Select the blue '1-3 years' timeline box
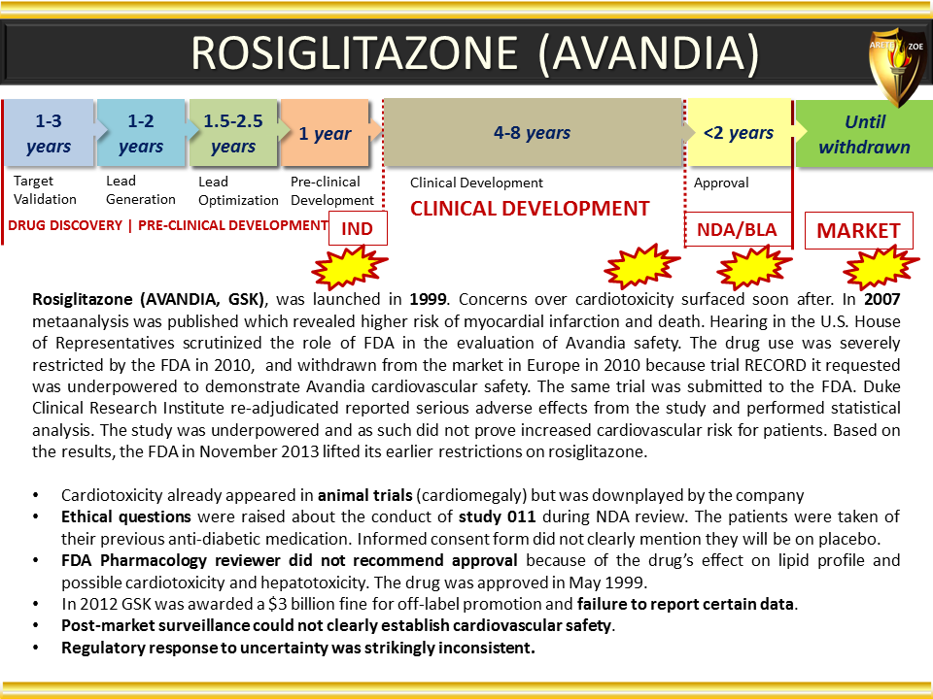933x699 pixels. [x=50, y=133]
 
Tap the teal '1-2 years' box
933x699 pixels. [x=142, y=133]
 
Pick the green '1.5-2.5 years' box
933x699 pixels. [x=233, y=133]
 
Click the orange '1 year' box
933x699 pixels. [x=325, y=133]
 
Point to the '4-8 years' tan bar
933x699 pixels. [x=533, y=133]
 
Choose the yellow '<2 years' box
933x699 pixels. [x=739, y=133]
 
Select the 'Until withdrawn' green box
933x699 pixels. [x=864, y=134]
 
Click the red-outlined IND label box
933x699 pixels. [x=358, y=228]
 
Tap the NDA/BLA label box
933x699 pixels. [x=738, y=229]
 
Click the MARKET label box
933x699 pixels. [x=858, y=231]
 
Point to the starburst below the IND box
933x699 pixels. [x=349, y=266]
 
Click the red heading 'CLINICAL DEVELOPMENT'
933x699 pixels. [x=530, y=209]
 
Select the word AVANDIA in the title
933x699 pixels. [x=648, y=52]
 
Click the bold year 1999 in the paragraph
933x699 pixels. [x=428, y=299]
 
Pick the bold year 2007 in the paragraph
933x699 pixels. [x=881, y=299]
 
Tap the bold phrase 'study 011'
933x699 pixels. [x=497, y=516]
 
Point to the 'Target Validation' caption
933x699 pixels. [x=45, y=189]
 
